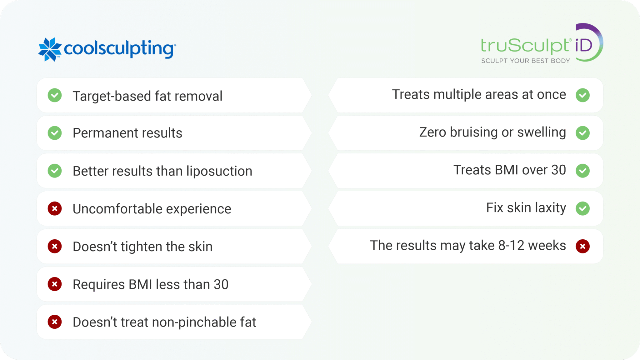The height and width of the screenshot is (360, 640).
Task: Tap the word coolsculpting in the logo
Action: pos(120,49)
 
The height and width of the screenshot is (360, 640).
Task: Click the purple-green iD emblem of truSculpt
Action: pos(587,43)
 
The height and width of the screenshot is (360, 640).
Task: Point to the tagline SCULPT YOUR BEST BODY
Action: pos(525,61)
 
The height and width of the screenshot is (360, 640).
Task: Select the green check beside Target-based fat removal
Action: pos(55,95)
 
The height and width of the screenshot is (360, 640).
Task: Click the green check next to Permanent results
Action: pos(55,133)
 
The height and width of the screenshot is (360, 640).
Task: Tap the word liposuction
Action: pos(219,171)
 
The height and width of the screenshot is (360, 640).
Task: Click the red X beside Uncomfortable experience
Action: pos(55,209)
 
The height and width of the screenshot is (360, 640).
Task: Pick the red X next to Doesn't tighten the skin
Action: pos(55,247)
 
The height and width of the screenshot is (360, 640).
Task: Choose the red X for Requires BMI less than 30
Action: pos(55,284)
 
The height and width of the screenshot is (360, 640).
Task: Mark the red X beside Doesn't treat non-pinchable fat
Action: pos(55,322)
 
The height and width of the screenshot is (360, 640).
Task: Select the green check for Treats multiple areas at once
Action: pos(582,95)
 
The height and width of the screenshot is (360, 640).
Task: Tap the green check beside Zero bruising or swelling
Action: pos(582,133)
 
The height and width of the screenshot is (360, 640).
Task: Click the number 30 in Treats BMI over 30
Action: pos(558,170)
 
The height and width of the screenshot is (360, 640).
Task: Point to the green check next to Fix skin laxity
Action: pos(582,208)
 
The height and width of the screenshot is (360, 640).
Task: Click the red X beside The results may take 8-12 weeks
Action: pos(582,246)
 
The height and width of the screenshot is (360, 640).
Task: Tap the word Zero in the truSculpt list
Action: pos(432,132)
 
